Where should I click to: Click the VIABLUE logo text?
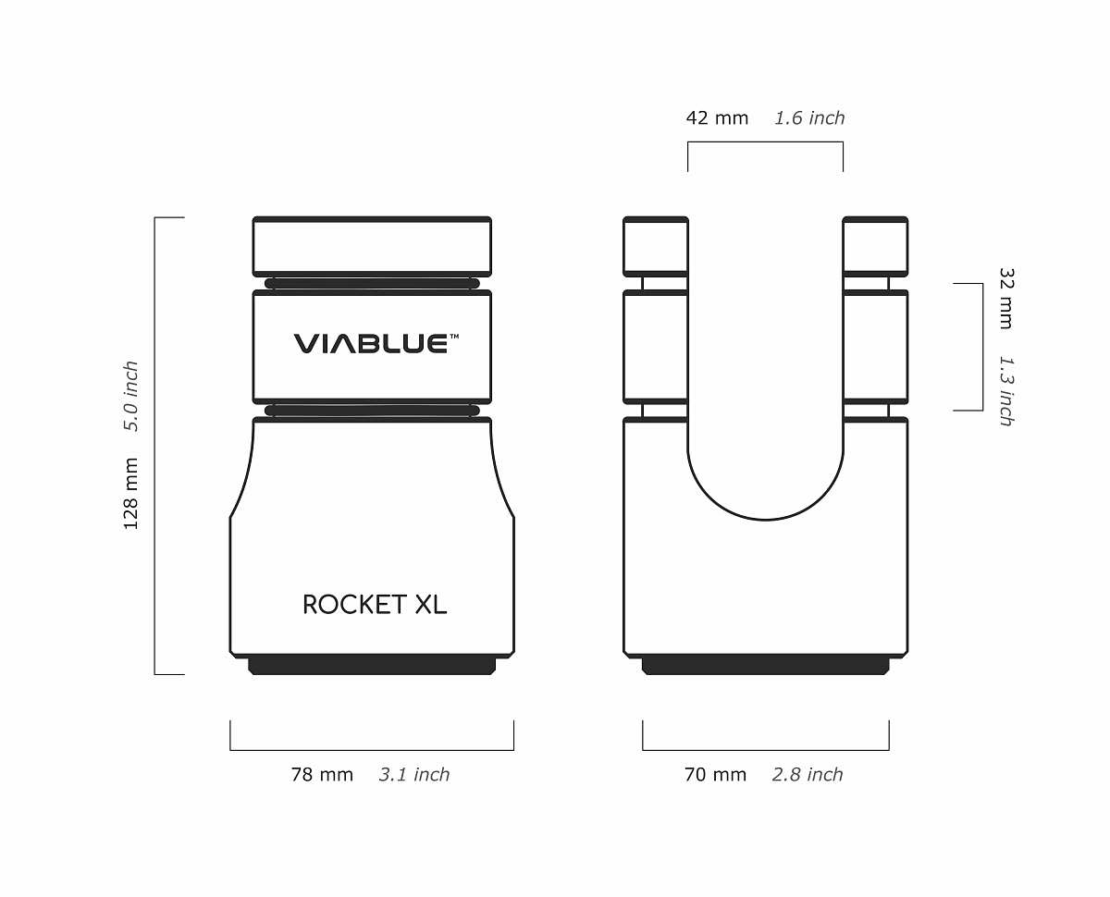tap(371, 344)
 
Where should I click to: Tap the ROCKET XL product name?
tap(375, 605)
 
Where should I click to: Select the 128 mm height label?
tap(130, 494)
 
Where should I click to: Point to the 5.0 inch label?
tap(130, 396)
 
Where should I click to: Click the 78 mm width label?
tap(322, 775)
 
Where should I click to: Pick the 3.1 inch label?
tap(414, 775)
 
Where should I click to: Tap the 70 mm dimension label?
tap(716, 775)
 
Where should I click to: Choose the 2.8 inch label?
tap(808, 775)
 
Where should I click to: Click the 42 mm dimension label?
tap(717, 118)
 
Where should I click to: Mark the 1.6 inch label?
tap(809, 118)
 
